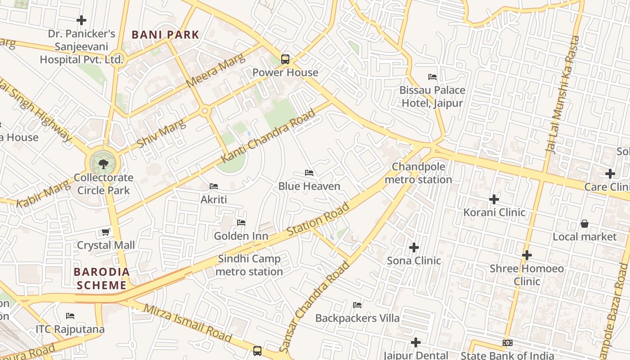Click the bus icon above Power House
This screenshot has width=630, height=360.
[x=285, y=59]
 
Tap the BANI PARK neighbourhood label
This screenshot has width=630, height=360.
[x=165, y=35]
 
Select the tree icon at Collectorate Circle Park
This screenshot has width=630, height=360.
[x=103, y=164]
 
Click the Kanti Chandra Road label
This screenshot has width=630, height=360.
[x=268, y=136]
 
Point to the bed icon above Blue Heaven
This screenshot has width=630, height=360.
[x=309, y=173]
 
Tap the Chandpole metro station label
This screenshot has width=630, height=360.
[x=418, y=173]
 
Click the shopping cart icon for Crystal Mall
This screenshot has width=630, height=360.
[x=105, y=232]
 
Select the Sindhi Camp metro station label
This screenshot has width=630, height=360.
[x=249, y=265]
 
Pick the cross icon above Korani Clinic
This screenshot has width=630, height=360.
[x=494, y=199]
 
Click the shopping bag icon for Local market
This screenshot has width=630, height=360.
[x=584, y=224]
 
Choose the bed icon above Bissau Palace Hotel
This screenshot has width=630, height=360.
[x=432, y=77]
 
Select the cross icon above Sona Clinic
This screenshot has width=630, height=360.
[x=414, y=247]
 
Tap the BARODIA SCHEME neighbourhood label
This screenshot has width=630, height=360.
[x=102, y=279]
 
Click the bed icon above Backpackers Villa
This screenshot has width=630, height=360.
[x=357, y=305]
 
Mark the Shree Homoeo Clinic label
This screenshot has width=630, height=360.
[x=527, y=275]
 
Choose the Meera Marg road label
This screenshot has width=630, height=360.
[x=216, y=71]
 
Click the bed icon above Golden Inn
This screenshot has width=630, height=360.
[x=241, y=223]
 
